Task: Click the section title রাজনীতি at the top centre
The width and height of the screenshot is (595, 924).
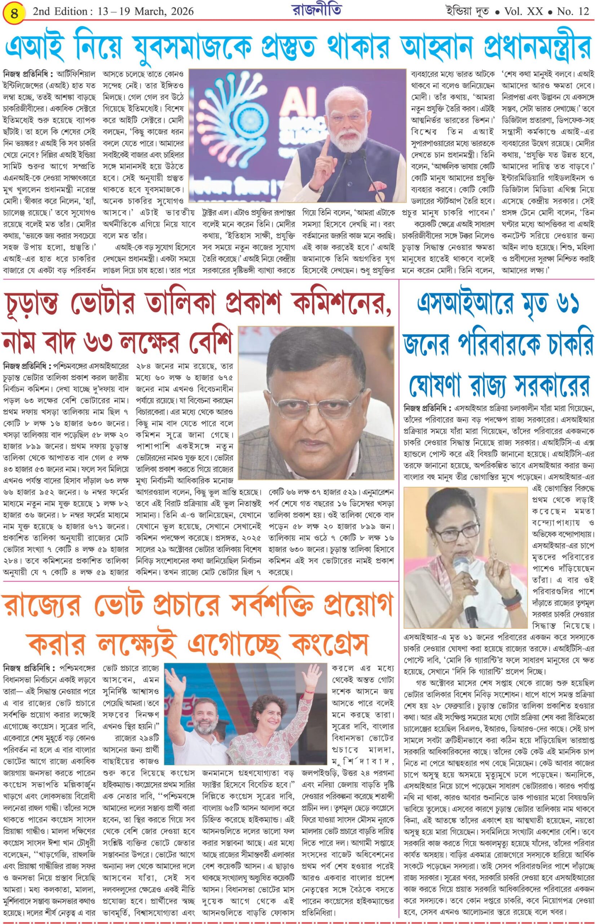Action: point(317,10)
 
